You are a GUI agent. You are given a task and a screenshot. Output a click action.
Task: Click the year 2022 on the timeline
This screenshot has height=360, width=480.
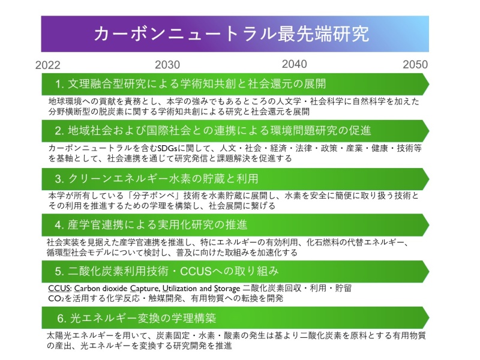(x=48, y=65)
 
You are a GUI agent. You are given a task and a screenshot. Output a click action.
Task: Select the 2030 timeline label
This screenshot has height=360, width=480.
(x=167, y=65)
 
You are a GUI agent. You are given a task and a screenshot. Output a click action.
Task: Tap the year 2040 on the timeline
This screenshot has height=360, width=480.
(x=294, y=64)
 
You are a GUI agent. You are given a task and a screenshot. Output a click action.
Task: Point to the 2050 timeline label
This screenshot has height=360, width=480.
(x=415, y=65)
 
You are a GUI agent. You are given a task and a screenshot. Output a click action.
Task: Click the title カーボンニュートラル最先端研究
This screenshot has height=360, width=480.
(x=232, y=34)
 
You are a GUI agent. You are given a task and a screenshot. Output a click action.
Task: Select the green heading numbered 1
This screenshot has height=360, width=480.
(x=190, y=84)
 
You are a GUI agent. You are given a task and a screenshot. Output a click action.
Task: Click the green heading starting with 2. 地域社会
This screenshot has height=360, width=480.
(x=213, y=131)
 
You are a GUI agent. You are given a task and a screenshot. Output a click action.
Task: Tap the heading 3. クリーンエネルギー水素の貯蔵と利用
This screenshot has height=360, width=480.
(x=157, y=178)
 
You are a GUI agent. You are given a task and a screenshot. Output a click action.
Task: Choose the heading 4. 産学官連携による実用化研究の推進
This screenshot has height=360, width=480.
(x=151, y=225)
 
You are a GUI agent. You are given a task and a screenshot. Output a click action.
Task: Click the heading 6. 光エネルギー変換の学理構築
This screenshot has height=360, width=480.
(x=137, y=319)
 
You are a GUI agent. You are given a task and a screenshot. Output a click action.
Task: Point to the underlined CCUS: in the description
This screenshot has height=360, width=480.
(x=60, y=289)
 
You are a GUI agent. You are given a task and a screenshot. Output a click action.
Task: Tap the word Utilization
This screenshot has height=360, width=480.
(x=179, y=289)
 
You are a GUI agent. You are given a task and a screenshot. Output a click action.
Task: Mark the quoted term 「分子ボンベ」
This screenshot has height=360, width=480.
(x=162, y=196)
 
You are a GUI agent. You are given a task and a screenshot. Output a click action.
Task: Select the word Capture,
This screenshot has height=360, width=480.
(x=145, y=289)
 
